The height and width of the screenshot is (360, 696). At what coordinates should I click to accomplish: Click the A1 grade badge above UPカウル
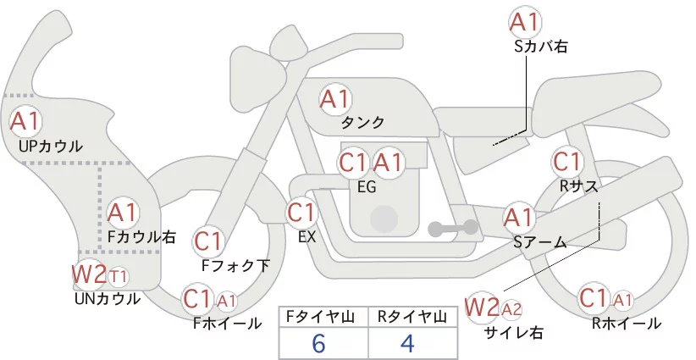24,121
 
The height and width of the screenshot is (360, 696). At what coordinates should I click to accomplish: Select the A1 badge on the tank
334,99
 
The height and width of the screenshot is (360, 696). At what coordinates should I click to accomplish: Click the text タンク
362,123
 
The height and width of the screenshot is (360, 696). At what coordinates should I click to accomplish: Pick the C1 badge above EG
353,163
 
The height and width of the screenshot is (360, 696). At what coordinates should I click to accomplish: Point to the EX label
307,237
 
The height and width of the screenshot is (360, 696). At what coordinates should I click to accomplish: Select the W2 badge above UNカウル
88,275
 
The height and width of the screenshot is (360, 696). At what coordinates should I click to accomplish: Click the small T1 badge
119,276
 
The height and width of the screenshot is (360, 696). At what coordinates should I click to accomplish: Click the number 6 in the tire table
318,343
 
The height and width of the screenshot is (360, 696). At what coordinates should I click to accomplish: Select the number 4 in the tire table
408,343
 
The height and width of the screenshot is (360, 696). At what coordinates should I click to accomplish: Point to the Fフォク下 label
235,266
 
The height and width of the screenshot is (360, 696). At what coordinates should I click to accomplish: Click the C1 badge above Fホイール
199,299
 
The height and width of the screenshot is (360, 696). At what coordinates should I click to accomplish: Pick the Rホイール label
626,324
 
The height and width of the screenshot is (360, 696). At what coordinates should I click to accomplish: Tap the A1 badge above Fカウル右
123,212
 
